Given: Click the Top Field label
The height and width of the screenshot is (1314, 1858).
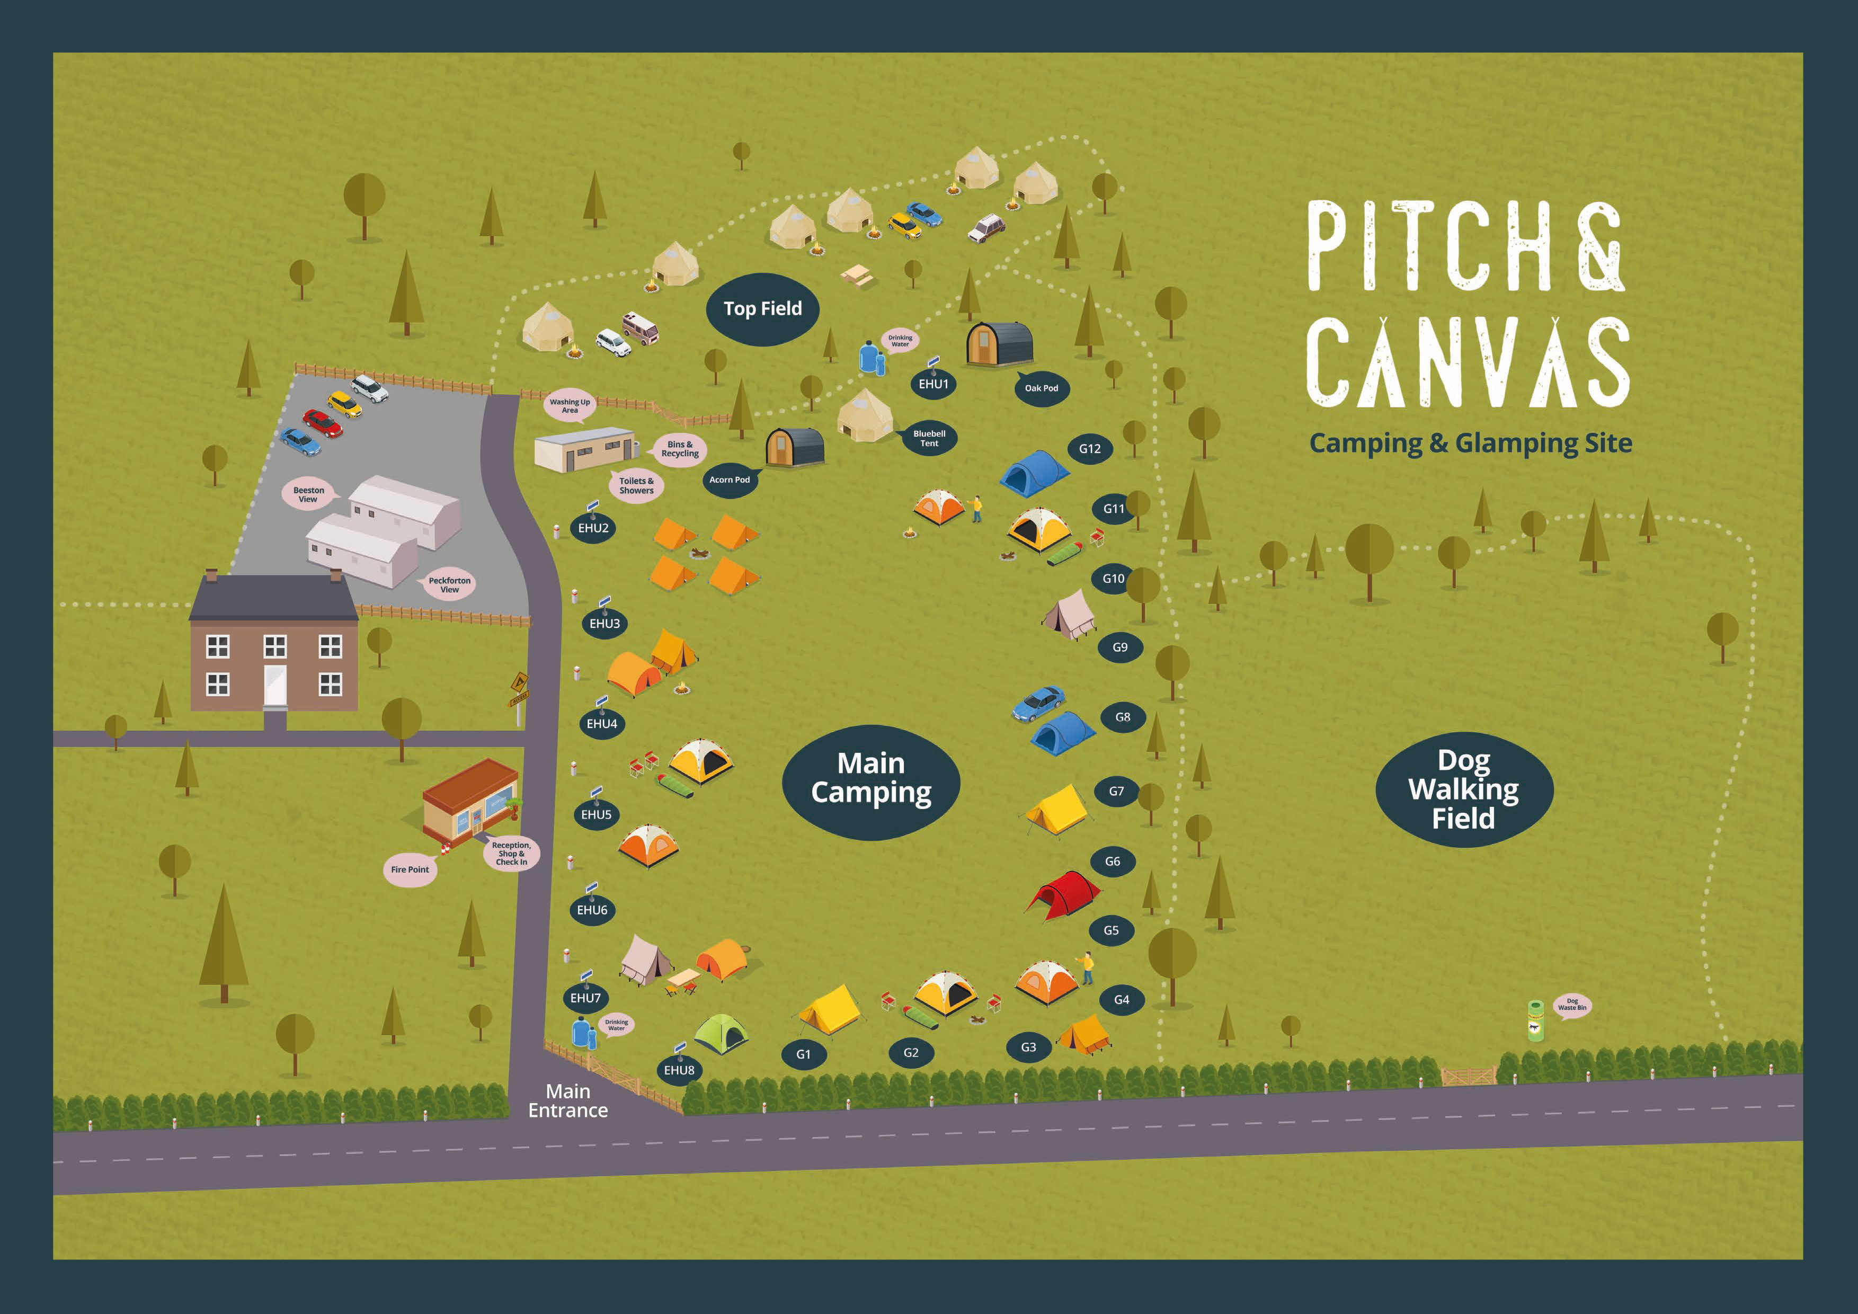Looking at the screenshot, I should click(x=762, y=309).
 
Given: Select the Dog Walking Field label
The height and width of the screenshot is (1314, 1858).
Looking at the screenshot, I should click(x=1463, y=789).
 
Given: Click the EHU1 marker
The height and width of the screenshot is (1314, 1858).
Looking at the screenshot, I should click(x=933, y=384).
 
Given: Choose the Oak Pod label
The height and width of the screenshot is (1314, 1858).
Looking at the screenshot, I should click(x=1041, y=388).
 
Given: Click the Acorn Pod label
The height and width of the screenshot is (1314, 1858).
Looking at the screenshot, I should click(x=729, y=480).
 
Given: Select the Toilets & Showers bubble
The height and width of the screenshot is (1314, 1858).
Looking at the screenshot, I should click(x=636, y=485).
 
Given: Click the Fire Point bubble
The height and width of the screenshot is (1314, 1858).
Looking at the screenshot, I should click(x=410, y=870).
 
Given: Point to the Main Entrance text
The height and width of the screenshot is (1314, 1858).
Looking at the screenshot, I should click(x=567, y=1101).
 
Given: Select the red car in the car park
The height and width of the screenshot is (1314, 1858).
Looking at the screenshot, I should click(x=322, y=422).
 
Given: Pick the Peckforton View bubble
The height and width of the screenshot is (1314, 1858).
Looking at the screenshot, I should click(x=449, y=585).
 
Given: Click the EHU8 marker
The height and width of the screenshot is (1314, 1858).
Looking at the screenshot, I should click(x=679, y=1070).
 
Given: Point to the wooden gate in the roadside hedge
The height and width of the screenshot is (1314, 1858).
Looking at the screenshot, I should click(x=1468, y=1076).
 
